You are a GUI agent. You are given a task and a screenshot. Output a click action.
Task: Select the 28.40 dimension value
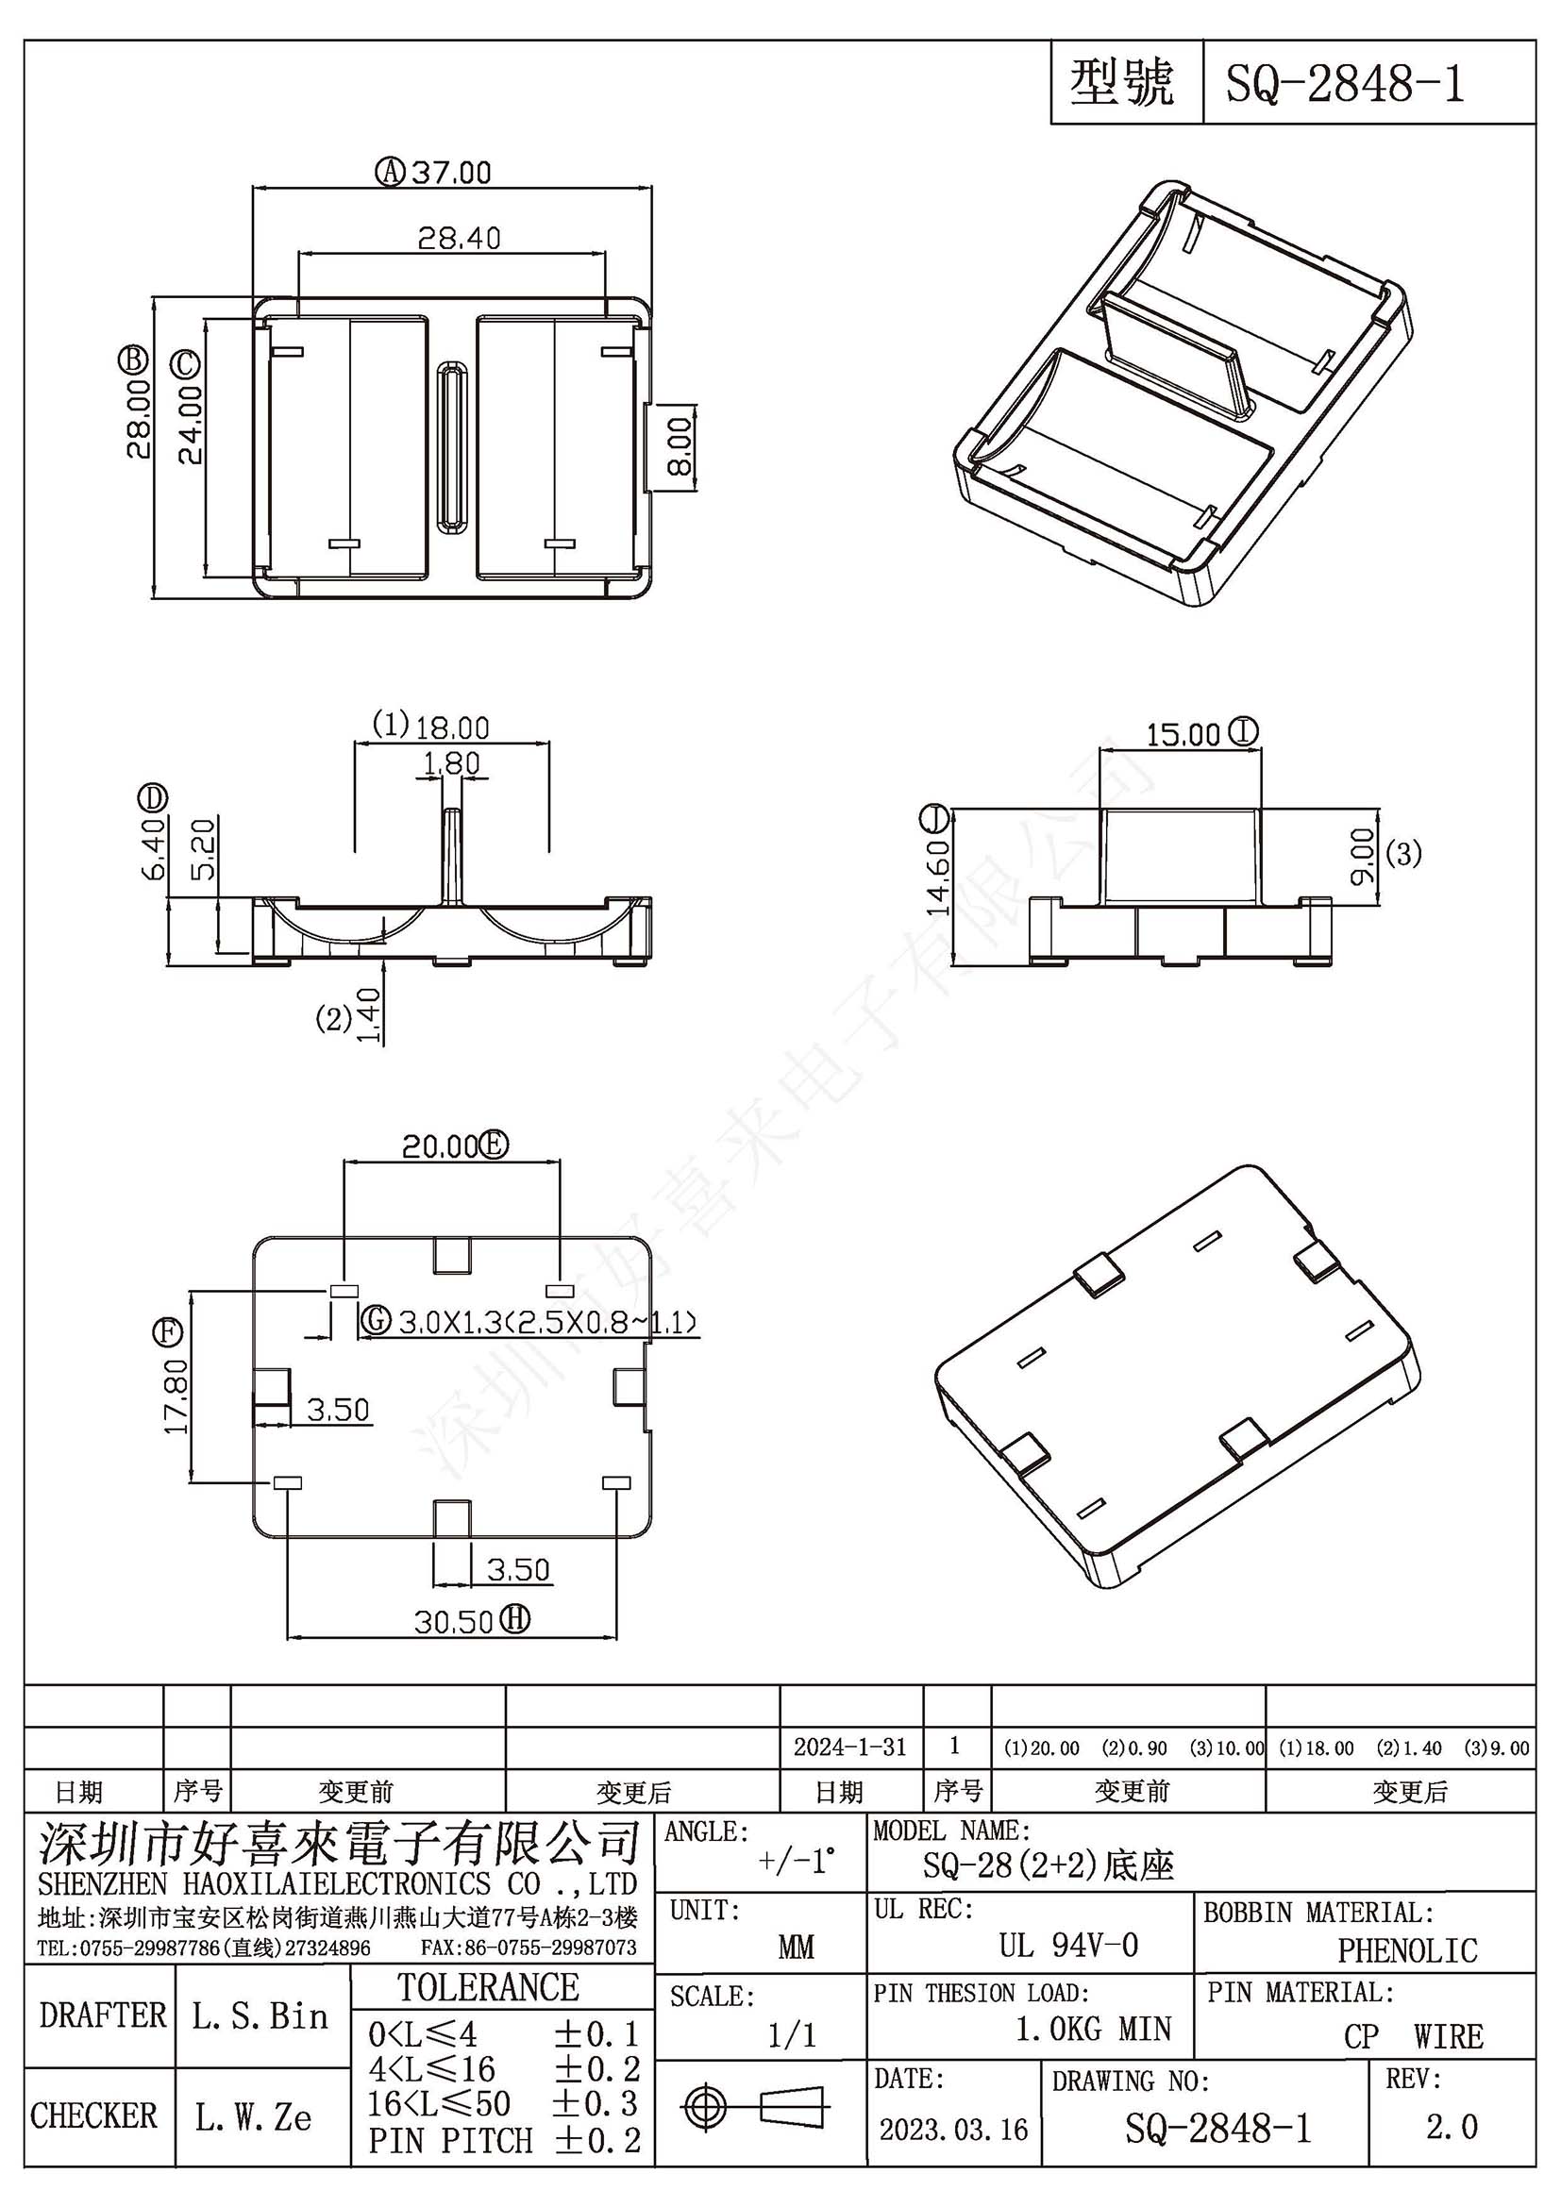459,238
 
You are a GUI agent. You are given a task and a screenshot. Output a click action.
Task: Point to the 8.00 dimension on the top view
679,447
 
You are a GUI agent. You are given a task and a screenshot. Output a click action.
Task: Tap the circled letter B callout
133,359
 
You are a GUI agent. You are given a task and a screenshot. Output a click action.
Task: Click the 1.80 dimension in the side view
451,763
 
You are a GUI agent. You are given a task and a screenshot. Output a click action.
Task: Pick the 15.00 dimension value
1183,735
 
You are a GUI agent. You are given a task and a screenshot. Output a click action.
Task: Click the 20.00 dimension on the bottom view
439,1145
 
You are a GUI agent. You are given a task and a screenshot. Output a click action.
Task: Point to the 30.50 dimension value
454,1622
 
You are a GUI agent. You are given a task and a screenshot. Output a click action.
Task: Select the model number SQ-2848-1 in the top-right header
1345,84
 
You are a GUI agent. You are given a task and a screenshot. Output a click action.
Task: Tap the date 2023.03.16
953,2129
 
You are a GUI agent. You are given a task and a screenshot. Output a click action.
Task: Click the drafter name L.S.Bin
260,2015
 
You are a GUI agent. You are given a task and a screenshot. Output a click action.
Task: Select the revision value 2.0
1452,2127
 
